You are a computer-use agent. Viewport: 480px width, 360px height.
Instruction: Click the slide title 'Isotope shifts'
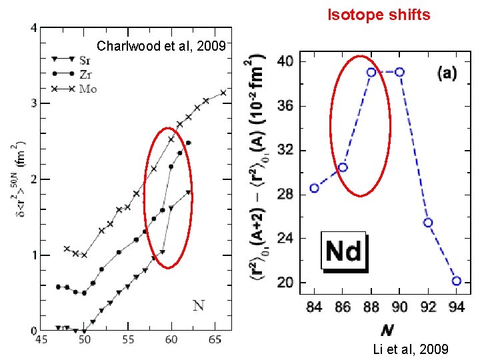point(378,15)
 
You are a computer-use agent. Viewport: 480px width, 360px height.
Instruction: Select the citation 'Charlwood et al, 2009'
point(163,47)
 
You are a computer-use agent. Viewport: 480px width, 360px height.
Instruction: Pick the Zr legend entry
point(75,73)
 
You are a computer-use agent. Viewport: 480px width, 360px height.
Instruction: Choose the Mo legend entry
point(75,88)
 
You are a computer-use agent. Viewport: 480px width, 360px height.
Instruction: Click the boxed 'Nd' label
point(343,251)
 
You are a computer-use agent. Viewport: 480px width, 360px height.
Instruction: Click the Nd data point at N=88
point(371,72)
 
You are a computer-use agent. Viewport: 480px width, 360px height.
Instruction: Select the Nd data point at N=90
point(399,72)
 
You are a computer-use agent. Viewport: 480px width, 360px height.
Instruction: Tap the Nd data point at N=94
point(456,281)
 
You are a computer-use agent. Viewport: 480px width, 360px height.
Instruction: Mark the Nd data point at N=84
point(314,188)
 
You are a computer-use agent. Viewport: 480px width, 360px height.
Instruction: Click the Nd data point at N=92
point(428,222)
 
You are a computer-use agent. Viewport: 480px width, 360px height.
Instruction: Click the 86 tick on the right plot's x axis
point(342,307)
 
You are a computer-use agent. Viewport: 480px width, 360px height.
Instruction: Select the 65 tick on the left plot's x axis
point(215,340)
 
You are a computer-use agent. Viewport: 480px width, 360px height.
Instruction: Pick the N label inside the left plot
point(198,306)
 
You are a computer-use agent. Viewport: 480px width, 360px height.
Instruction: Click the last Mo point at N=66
point(223,93)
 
